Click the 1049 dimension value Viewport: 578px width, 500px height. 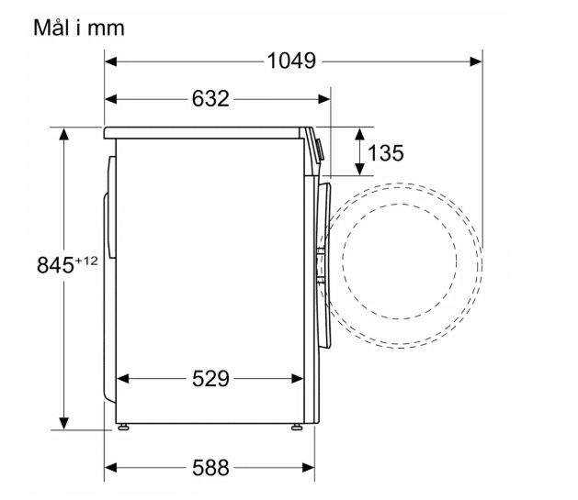pyautogui.click(x=291, y=61)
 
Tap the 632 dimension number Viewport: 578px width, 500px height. pyautogui.click(x=210, y=98)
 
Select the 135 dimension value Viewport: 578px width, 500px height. pyautogui.click(x=386, y=152)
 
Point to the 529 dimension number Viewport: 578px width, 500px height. pyautogui.click(x=210, y=379)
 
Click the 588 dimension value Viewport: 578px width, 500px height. pyautogui.click(x=210, y=468)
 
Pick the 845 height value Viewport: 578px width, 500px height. pyautogui.click(x=55, y=265)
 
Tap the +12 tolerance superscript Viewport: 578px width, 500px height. pyautogui.click(x=86, y=261)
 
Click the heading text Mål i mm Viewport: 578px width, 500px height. pyautogui.click(x=79, y=28)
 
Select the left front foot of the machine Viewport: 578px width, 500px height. pyautogui.click(x=123, y=428)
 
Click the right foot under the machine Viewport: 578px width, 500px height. pyautogui.click(x=297, y=428)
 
